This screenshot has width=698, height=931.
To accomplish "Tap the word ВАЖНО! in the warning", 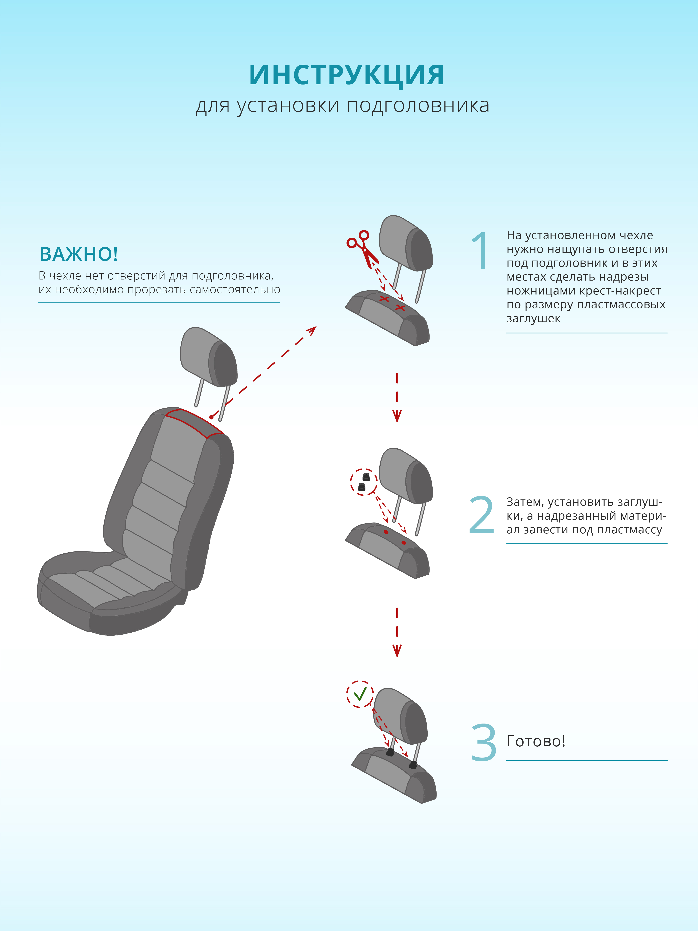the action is point(79,254).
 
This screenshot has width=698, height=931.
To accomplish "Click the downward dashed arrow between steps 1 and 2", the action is point(397,397).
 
